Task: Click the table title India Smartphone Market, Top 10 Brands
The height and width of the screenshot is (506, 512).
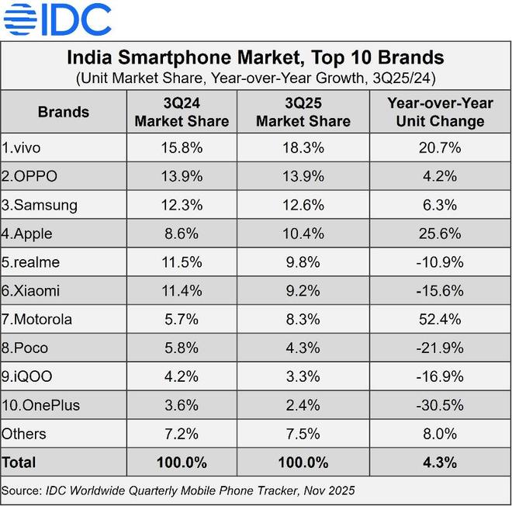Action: [x=255, y=57]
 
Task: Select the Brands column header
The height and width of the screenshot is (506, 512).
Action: [x=63, y=112]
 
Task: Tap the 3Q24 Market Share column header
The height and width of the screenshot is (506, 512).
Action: [x=182, y=112]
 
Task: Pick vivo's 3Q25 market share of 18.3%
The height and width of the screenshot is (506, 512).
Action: [x=303, y=147]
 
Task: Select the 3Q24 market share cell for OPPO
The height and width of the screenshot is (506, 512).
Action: [x=182, y=176]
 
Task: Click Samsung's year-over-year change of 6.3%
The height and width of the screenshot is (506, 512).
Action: [x=439, y=205]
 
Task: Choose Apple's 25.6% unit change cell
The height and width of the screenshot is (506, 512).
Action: [x=439, y=234]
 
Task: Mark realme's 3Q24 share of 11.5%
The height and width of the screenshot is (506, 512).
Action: [x=182, y=262]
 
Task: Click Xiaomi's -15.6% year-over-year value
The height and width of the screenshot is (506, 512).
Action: [x=439, y=291]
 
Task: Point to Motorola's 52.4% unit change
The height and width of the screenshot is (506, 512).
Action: [x=439, y=320]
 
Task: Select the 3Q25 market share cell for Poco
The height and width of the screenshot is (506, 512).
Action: [x=303, y=348]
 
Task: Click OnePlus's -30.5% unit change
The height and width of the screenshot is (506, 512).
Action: [x=439, y=405]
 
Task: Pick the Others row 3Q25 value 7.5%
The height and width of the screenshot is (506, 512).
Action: [x=303, y=434]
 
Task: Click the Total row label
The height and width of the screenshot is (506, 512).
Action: [x=19, y=463]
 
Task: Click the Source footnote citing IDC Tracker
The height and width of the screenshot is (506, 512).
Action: [x=178, y=490]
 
